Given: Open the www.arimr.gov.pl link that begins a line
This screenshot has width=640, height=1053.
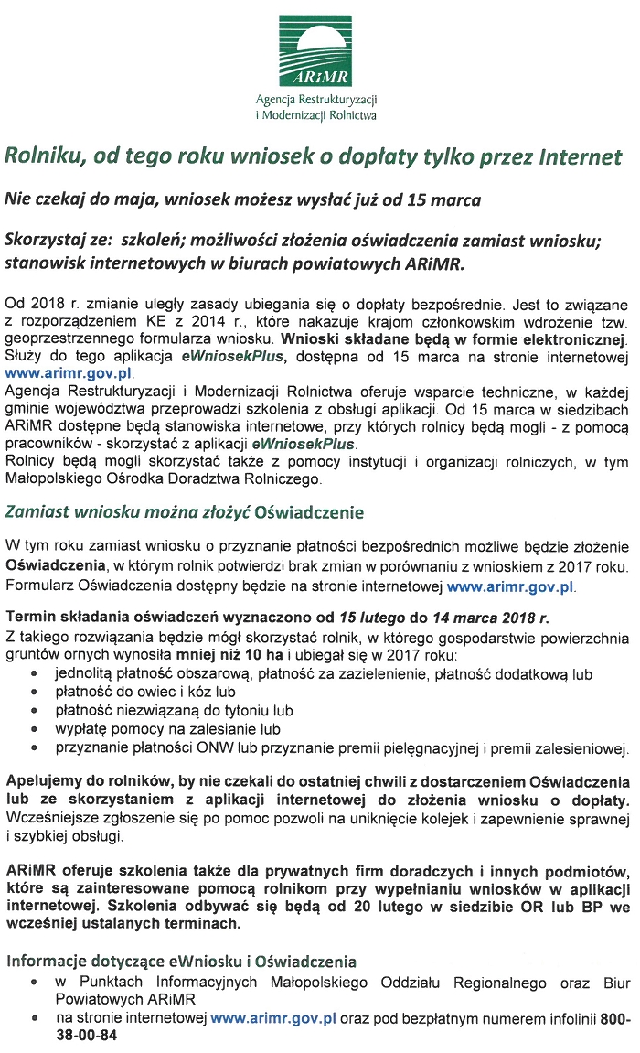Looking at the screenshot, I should (69, 373).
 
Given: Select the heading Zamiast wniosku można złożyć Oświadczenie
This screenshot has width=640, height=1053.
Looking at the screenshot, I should (184, 511).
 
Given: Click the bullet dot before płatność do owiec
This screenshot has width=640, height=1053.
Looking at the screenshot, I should (34, 693).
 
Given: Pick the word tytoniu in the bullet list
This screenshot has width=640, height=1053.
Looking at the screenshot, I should (247, 710).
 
